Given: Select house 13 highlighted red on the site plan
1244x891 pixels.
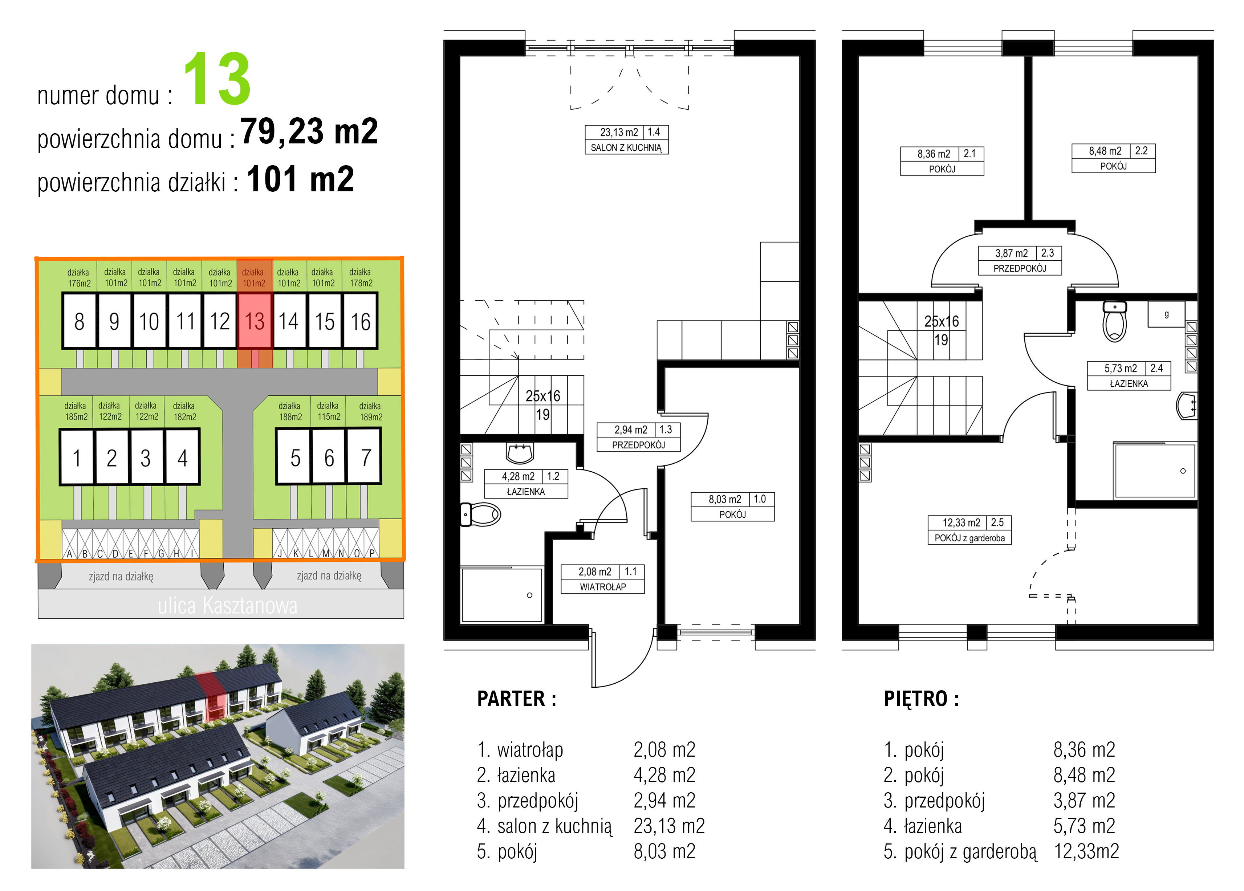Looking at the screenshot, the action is click(x=255, y=321).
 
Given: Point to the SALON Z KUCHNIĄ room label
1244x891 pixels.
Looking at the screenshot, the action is click(x=626, y=147).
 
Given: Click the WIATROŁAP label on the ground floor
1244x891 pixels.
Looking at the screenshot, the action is click(x=603, y=587).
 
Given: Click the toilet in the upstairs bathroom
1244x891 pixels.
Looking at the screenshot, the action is click(x=1115, y=321).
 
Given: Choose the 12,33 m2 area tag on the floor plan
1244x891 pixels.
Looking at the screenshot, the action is click(x=961, y=522).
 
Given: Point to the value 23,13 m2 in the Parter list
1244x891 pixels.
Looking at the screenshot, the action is click(x=669, y=825).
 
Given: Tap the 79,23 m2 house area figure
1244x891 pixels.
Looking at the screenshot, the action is click(x=309, y=131).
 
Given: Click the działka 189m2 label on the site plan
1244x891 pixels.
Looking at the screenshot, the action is click(x=370, y=411).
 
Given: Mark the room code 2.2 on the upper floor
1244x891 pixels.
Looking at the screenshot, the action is click(x=1142, y=150).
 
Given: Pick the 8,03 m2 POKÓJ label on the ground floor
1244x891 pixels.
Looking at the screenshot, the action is click(x=732, y=506).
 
